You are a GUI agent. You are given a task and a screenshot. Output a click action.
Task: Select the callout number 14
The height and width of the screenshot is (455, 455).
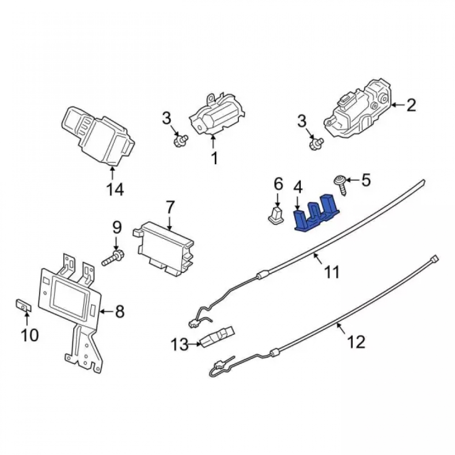tap(115, 189)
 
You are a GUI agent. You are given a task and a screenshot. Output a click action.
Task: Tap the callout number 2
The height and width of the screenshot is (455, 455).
tap(411, 106)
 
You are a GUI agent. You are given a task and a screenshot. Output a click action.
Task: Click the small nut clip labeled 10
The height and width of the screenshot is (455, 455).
tap(23, 306)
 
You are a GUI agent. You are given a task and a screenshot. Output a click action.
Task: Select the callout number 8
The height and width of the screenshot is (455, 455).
tap(119, 312)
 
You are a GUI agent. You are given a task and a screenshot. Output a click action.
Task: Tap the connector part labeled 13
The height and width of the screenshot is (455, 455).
tap(217, 336)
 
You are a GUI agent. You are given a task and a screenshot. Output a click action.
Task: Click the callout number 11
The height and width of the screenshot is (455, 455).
tap(333, 272)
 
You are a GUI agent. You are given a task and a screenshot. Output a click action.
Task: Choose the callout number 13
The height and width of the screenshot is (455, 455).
tap(179, 345)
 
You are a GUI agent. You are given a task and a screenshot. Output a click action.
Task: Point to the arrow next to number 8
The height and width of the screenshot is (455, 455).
tap(106, 312)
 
